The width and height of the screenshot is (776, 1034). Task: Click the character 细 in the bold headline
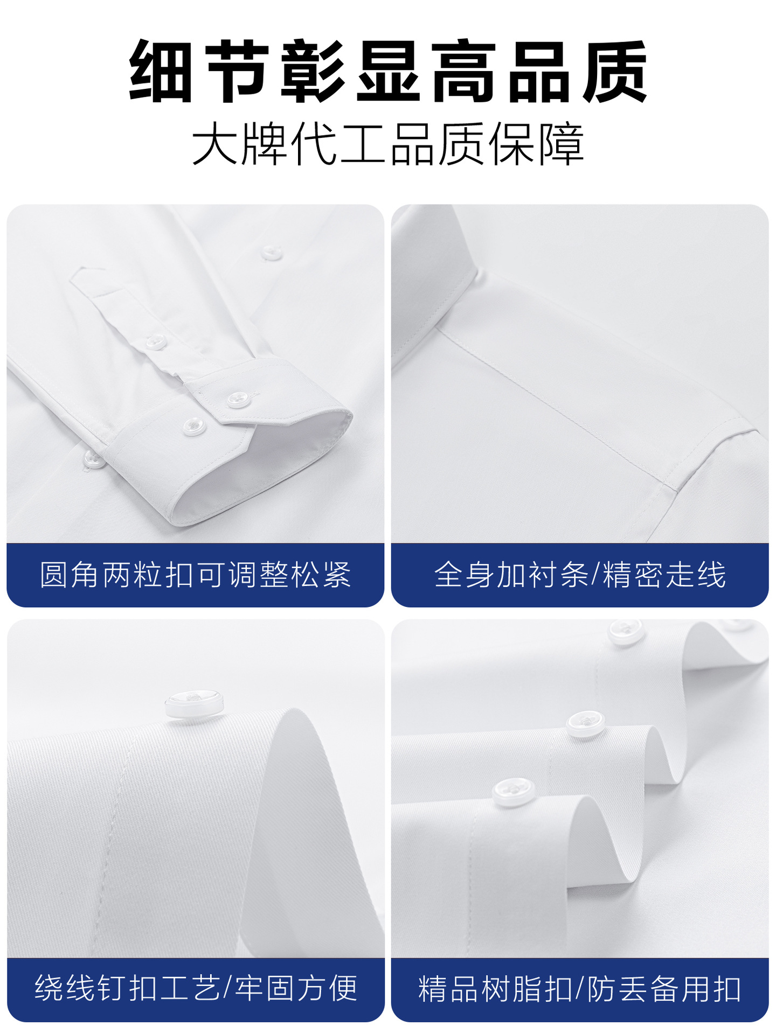coord(162,72)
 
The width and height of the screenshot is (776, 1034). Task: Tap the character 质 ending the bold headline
coord(615,72)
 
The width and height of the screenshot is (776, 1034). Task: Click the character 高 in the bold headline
coord(464,72)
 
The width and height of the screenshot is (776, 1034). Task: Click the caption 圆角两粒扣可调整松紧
coord(195,575)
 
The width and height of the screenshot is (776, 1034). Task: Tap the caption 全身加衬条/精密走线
coord(580,575)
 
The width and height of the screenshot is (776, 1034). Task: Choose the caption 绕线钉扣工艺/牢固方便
coord(196,988)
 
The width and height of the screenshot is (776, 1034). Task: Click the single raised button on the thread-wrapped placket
coord(194,704)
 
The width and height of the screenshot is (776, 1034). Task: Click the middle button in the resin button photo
coord(586,724)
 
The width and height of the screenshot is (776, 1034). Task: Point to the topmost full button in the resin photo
coord(626,632)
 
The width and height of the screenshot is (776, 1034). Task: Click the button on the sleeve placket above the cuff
coord(156,341)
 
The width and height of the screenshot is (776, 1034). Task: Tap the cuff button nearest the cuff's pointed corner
coord(237,399)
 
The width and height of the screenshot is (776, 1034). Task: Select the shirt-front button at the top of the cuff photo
coord(271,252)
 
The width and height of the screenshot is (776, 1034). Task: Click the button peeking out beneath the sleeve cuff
coord(93,459)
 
